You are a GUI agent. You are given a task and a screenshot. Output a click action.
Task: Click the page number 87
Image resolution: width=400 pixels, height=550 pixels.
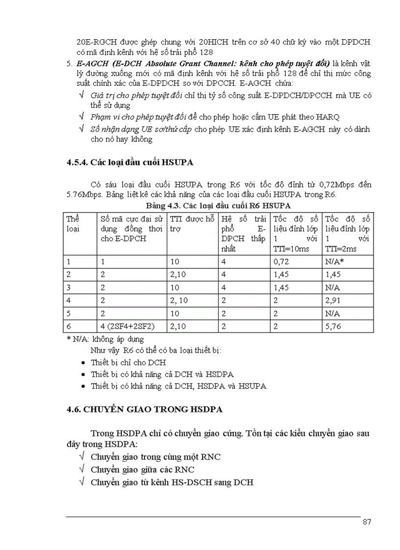click(x=366, y=522)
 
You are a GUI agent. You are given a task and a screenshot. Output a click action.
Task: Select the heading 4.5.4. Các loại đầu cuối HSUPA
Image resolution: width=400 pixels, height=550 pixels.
click(x=132, y=163)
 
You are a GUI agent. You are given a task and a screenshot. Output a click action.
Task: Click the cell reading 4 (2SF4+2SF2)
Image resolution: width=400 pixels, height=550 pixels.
click(x=122, y=326)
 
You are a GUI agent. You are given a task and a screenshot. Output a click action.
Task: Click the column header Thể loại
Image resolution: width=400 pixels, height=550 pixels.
click(x=73, y=223)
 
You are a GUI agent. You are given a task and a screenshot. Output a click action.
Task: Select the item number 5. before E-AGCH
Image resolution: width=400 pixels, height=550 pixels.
click(x=70, y=64)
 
